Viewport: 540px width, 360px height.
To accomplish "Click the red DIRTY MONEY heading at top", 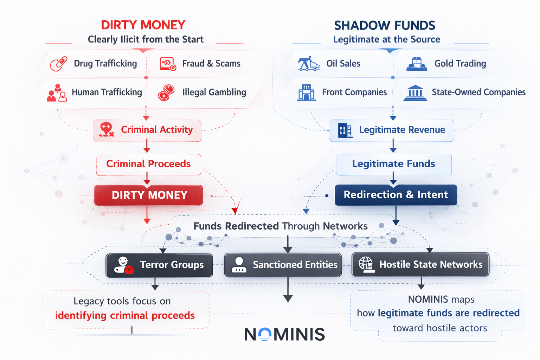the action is point(143,25).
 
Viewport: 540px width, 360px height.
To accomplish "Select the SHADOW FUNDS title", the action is point(385,25).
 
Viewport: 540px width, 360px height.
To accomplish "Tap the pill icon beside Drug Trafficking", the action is point(58,64).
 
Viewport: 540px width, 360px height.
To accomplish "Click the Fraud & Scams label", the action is point(211,64).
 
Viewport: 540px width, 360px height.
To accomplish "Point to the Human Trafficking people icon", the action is point(57,93).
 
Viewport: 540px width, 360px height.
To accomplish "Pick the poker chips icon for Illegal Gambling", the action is point(166,93).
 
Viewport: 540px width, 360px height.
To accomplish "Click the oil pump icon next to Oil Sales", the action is point(309,64).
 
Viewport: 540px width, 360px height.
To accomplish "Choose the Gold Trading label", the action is point(460,64).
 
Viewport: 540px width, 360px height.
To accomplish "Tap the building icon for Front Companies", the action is point(306,92).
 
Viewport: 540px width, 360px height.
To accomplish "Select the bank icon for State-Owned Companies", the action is point(415,93).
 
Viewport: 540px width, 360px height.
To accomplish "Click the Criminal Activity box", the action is point(147,130).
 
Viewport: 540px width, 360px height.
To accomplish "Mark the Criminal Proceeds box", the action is point(148,164).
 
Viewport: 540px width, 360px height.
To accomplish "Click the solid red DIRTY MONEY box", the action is point(148,195).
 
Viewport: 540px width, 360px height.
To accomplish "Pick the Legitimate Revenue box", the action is point(392,130).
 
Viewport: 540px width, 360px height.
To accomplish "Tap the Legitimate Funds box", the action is point(393,164).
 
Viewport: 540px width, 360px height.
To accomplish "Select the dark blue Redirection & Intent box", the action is point(396,195).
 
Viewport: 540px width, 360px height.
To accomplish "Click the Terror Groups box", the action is point(159,265).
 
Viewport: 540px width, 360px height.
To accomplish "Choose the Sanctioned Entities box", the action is point(283,265).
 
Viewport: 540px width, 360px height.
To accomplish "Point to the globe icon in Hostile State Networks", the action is point(366,264).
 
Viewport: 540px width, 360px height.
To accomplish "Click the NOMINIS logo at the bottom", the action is point(284,334).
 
